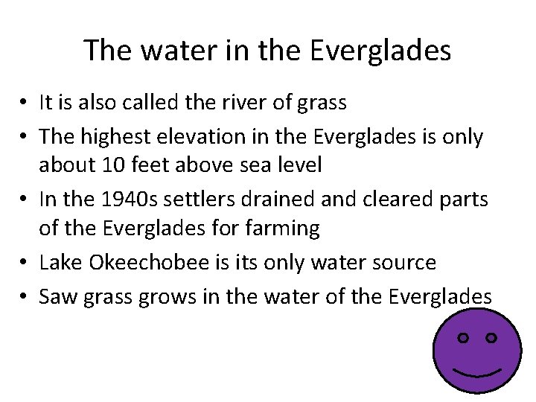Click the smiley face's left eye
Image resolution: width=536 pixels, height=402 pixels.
[463, 338]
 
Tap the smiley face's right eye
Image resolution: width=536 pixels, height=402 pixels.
[491, 338]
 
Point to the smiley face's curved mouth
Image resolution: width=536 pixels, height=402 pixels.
[476, 371]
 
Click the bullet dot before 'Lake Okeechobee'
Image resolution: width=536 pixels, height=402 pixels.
[25, 263]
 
